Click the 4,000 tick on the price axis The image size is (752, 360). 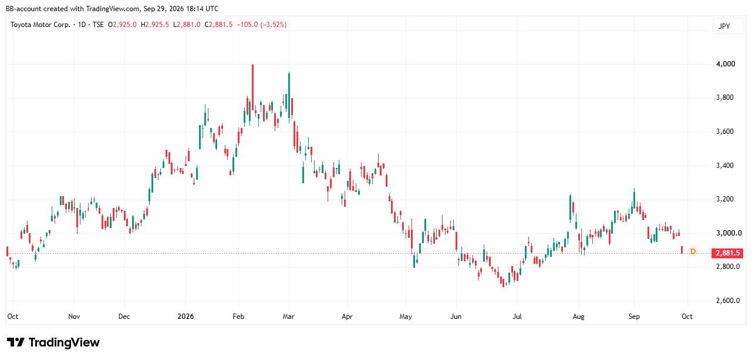pyautogui.click(x=726, y=64)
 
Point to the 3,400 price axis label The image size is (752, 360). pyautogui.click(x=725, y=165)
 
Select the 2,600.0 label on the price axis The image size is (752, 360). pyautogui.click(x=728, y=301)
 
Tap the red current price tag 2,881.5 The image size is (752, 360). pyautogui.click(x=727, y=253)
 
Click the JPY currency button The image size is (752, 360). pyautogui.click(x=724, y=26)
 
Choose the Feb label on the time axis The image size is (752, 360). pyautogui.click(x=238, y=317)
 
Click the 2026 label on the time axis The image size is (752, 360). pyautogui.click(x=186, y=317)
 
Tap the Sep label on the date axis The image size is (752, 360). pyautogui.click(x=634, y=317)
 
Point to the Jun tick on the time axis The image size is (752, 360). pyautogui.click(x=456, y=317)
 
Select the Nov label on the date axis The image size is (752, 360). pyautogui.click(x=74, y=317)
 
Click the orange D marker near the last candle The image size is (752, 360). pyautogui.click(x=693, y=251)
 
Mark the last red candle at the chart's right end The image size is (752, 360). pyautogui.click(x=682, y=250)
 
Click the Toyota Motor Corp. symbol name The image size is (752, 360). pyautogui.click(x=41, y=25)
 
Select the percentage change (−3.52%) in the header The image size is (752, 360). pyautogui.click(x=274, y=25)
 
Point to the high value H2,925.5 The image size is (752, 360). pyautogui.click(x=155, y=25)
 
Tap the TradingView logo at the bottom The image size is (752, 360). pyautogui.click(x=53, y=342)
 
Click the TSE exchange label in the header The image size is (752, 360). pyautogui.click(x=98, y=25)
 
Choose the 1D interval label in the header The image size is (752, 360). pyautogui.click(x=82, y=25)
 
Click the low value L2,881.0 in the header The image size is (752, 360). pyautogui.click(x=187, y=25)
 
